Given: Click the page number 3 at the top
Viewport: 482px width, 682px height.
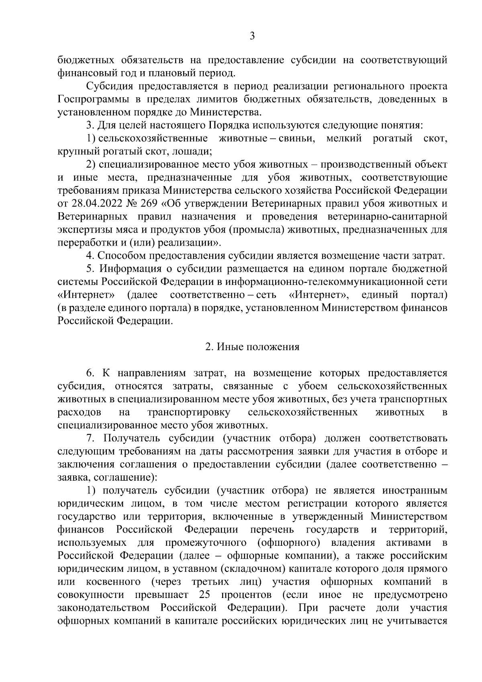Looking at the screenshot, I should [252, 37].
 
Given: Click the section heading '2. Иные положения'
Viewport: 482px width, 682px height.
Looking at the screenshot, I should [252, 347].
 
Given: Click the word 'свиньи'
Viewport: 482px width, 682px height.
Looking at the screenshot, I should [298, 139].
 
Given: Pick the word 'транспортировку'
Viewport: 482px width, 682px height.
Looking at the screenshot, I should [189, 412].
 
